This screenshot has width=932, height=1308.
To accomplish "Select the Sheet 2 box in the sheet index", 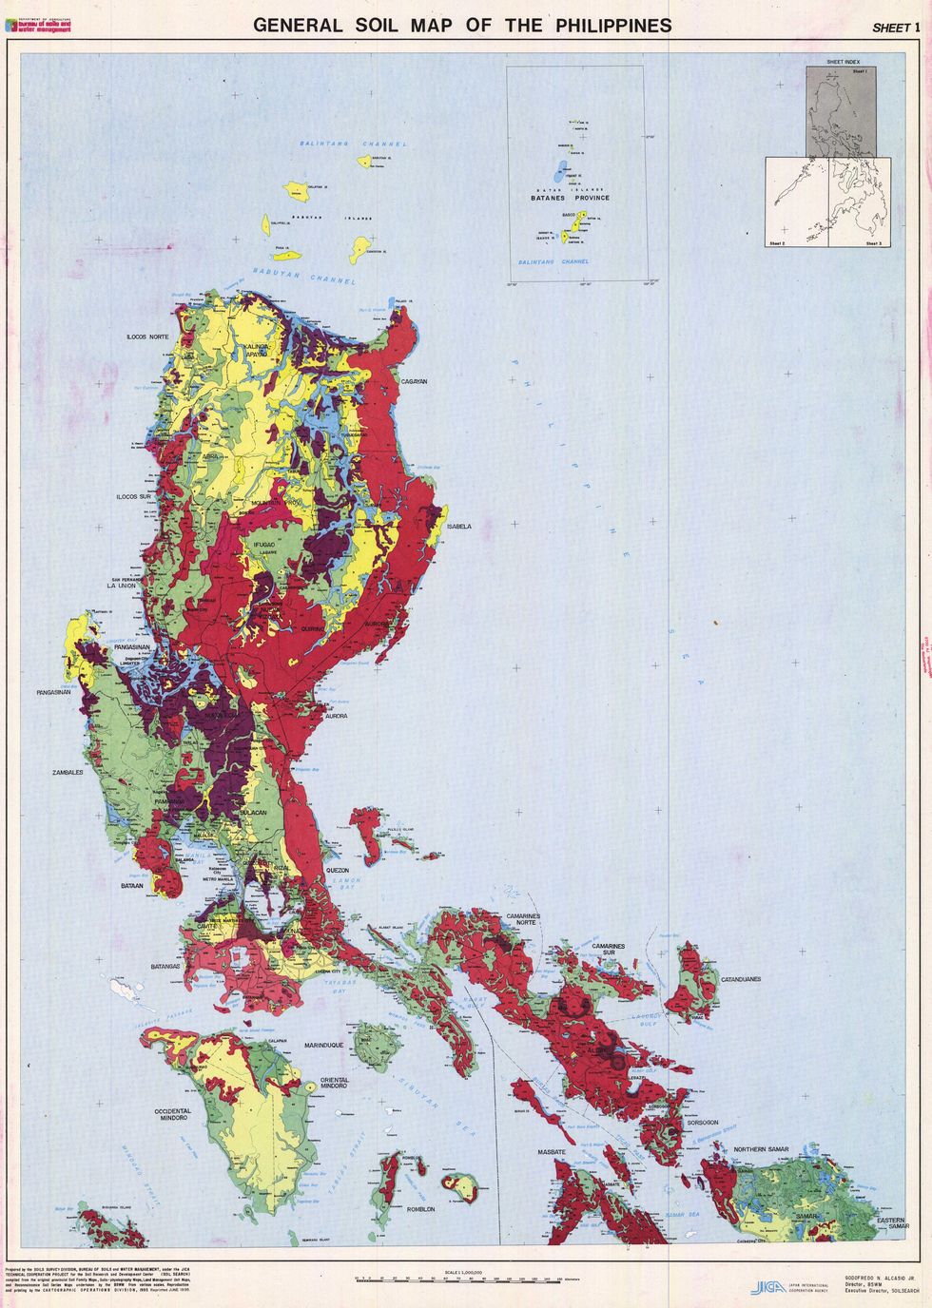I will pos(795,202).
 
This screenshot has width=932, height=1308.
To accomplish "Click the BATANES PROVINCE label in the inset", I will pos(571,198).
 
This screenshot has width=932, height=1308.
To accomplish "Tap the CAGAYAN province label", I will pos(414,381).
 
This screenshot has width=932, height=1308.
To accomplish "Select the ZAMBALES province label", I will pos(68,773).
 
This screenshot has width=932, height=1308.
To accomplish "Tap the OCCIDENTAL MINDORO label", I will pos(173,1114).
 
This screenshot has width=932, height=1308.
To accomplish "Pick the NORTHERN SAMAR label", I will pos(763,1150).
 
